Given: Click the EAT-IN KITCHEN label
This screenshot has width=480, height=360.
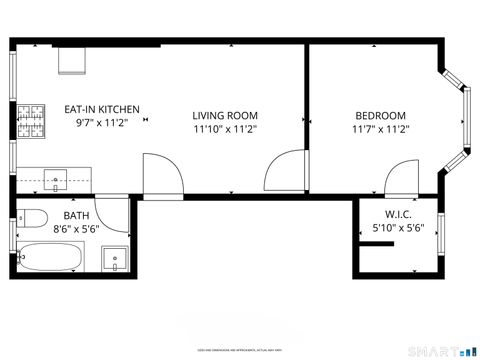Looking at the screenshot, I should tap(102, 110).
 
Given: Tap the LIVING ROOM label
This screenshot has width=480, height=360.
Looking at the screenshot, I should tap(226, 115).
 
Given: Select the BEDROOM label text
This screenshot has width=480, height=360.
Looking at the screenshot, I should tap(379, 115).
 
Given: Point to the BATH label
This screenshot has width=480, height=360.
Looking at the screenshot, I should tap(76, 216).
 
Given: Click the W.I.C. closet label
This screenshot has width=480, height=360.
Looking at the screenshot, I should tap(398, 215).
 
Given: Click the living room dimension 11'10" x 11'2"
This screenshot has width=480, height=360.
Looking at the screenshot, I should tap(226, 129).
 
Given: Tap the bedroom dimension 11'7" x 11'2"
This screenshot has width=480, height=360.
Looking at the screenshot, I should tap(379, 129).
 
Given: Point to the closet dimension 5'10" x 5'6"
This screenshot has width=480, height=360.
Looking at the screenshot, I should tap(398, 229).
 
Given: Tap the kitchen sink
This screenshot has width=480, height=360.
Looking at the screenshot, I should tap(55, 181).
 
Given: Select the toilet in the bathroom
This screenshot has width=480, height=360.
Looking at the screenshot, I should tap(32, 218).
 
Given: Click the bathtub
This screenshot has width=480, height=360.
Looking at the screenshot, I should tap(52, 259).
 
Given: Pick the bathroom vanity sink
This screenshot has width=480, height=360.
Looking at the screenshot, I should tap(115, 259).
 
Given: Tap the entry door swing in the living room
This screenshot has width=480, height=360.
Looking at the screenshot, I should tap(162, 176).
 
